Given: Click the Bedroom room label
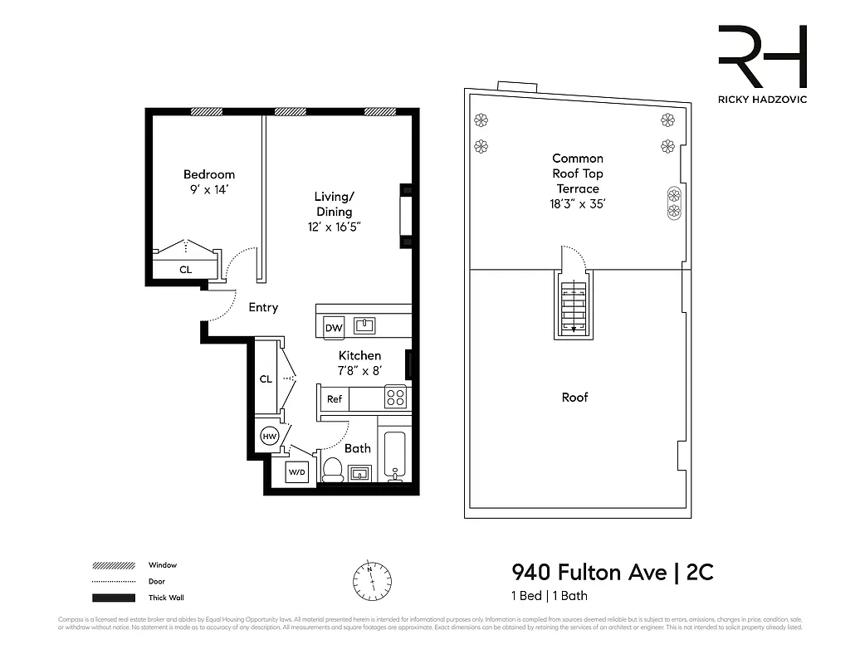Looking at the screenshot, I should click(209, 174).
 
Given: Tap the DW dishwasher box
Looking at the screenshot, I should click(334, 328).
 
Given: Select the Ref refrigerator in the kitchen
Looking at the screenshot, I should click(334, 399).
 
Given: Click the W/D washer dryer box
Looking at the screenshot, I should click(296, 473).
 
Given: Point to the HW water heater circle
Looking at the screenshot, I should click(269, 436).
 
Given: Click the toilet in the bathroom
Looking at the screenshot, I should click(333, 470).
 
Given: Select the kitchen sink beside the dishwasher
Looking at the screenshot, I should click(364, 325).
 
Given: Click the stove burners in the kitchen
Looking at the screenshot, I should click(395, 398).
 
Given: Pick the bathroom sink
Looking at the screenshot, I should click(359, 473).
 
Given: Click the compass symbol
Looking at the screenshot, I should click(372, 578).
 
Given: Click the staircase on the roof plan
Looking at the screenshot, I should click(574, 307).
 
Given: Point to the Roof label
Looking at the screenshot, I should click(574, 398).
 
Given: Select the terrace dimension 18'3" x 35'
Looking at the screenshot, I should click(578, 204).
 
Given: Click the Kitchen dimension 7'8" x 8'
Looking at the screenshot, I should click(359, 370).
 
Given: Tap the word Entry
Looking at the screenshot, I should click(263, 307).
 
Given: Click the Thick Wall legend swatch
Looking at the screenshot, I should click(114, 598).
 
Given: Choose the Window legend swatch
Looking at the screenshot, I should click(114, 565).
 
